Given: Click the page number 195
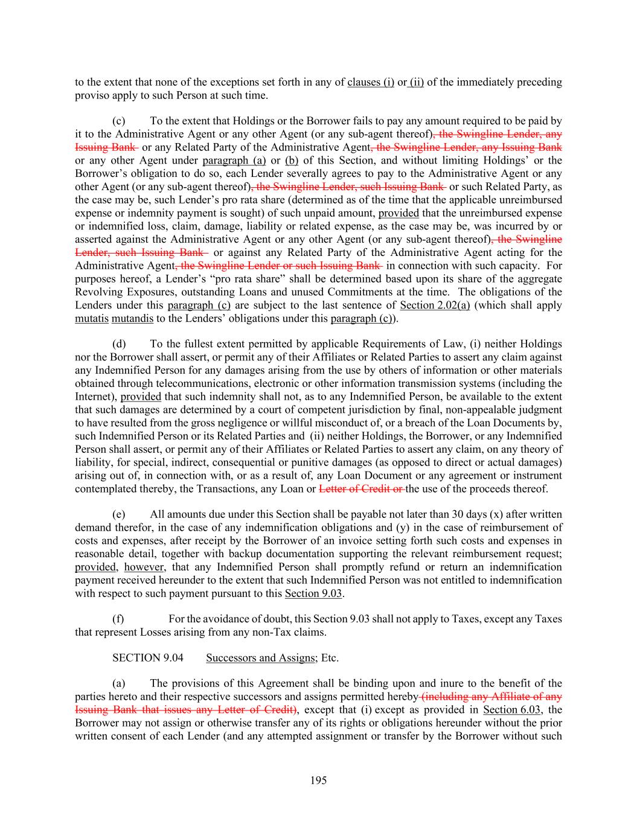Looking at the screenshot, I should click(x=318, y=781).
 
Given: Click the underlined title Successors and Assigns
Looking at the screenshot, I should click(x=260, y=657).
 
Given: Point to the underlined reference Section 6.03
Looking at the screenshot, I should click(x=515, y=709).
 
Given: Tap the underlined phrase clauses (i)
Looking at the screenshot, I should click(x=371, y=82).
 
